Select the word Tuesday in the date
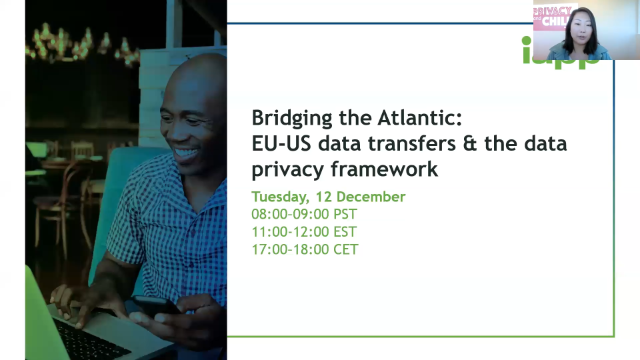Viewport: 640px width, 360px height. pos(283,197)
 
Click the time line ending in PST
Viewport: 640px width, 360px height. pos(304,214)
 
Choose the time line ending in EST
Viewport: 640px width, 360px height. pos(304,231)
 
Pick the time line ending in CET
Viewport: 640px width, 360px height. pos(304,249)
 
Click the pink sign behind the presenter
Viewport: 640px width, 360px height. pos(551,16)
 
